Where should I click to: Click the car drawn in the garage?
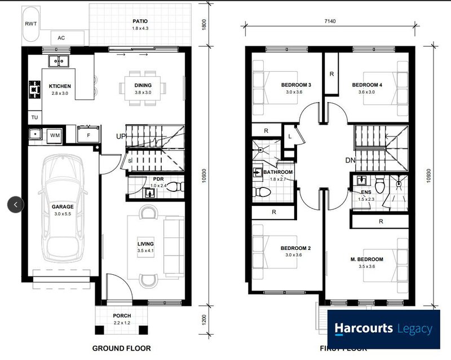tap(66, 207)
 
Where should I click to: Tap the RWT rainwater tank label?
tap(30, 24)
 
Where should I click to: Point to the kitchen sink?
tap(58, 60)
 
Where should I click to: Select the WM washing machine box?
tap(55, 135)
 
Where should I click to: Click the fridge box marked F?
tap(88, 135)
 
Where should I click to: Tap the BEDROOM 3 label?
tap(297, 85)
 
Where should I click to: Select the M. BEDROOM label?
tap(366, 260)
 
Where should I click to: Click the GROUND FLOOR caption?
tap(121, 348)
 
